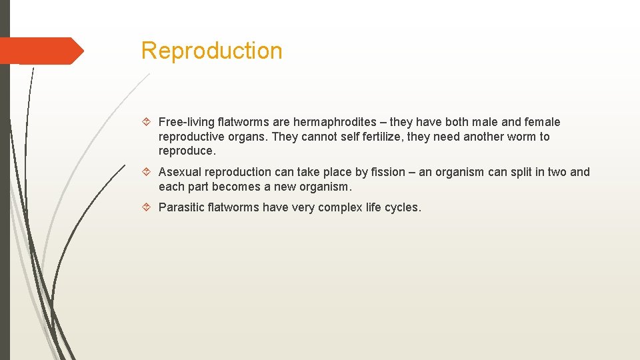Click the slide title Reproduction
pyautogui.click(x=211, y=51)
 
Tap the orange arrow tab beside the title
pyautogui.click(x=41, y=51)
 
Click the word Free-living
pyautogui.click(x=187, y=122)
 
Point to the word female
pyautogui.click(x=543, y=122)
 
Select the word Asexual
pyautogui.click(x=181, y=172)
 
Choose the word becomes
pyautogui.click(x=237, y=187)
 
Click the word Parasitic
pyautogui.click(x=181, y=207)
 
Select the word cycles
pyautogui.click(x=403, y=207)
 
